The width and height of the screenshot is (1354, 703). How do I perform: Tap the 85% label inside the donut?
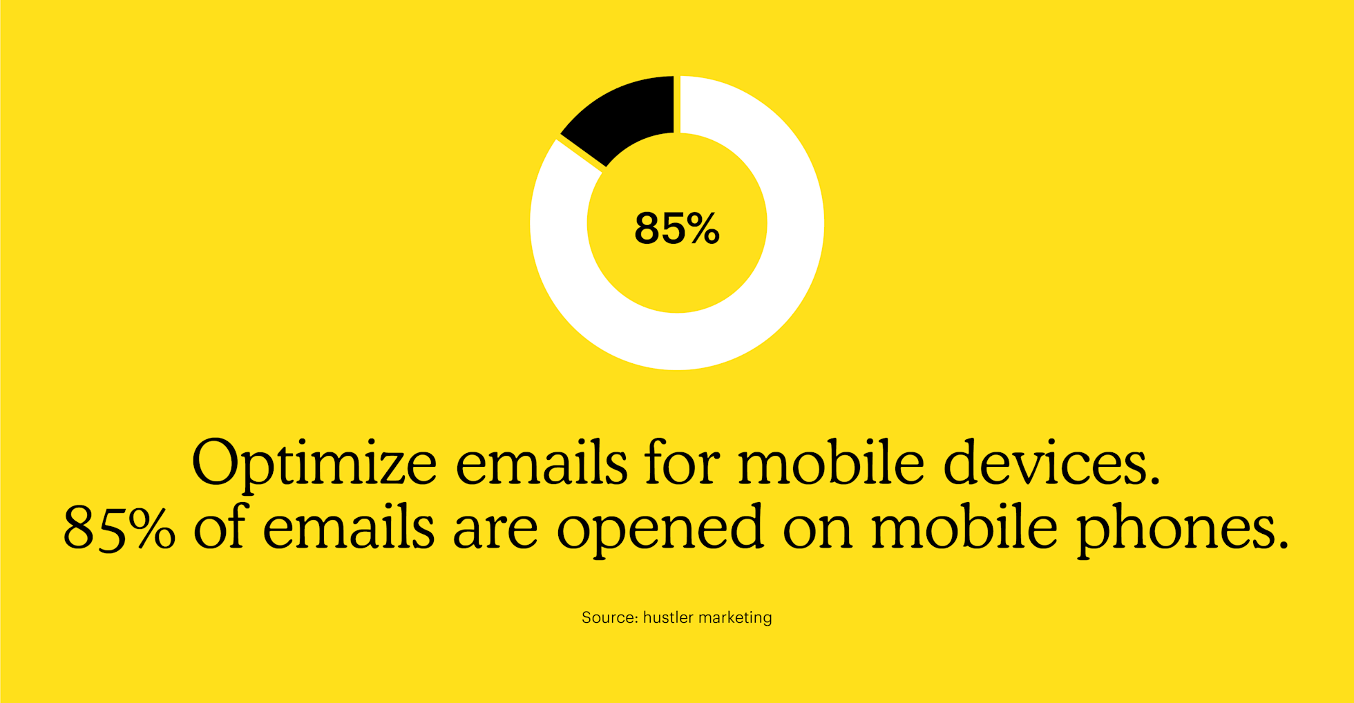tap(677, 229)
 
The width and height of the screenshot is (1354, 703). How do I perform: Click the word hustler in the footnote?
tap(667, 617)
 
